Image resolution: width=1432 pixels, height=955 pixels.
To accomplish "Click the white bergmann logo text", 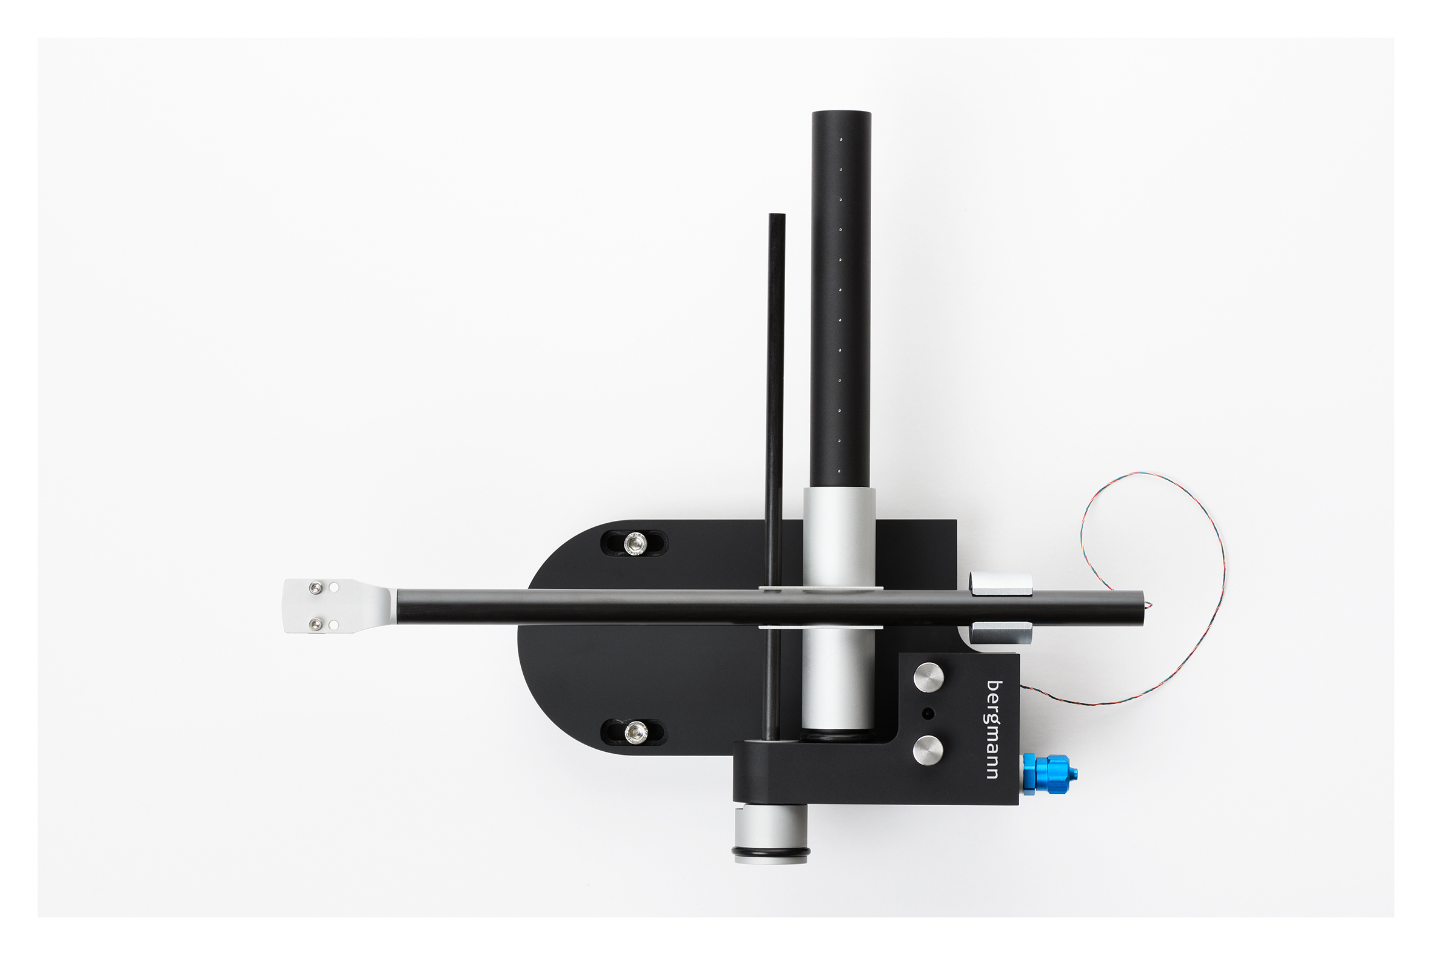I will [992, 729].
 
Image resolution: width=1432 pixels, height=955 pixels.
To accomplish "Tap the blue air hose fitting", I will [1048, 774].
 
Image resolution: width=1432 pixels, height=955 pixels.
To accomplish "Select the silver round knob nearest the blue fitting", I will [928, 749].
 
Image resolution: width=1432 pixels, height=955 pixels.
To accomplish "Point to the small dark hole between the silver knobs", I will [928, 713].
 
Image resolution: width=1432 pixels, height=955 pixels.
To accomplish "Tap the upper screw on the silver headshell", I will [315, 588].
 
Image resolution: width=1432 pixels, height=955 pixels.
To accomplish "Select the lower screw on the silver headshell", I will [315, 625].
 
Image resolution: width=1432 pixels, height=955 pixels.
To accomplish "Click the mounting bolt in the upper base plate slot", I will [634, 543].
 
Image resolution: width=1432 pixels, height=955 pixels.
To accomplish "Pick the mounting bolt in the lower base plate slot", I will [634, 731].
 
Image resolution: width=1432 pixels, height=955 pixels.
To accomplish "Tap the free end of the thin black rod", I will [776, 217].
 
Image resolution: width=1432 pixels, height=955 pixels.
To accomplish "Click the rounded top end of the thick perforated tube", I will [841, 116].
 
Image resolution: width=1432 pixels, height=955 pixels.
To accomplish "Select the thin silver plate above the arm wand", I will [820, 588].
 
